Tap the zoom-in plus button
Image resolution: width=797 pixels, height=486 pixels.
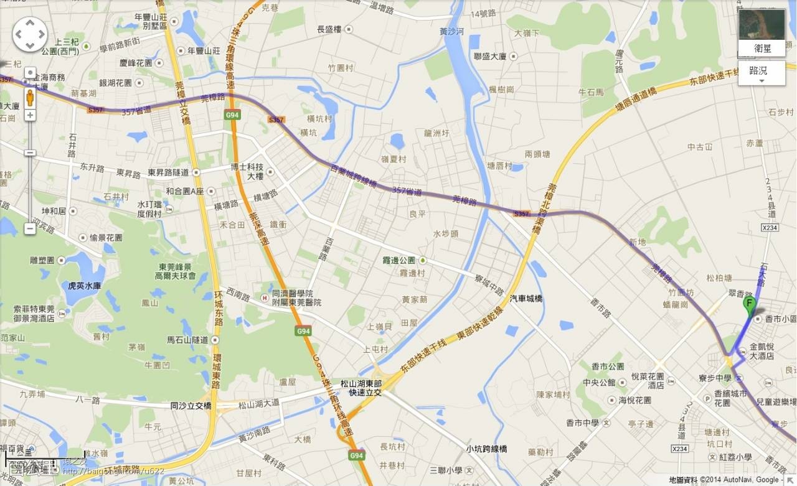tap(30, 115)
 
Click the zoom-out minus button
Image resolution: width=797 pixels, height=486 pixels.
tap(30, 228)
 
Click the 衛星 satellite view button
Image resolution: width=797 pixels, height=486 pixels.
tap(762, 48)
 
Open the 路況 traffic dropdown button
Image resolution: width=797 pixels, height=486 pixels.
tap(762, 73)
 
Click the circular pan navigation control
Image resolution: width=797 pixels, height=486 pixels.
tap(30, 34)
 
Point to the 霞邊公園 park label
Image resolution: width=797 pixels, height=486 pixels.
tap(399, 260)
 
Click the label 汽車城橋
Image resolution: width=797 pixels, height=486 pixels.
tap(526, 299)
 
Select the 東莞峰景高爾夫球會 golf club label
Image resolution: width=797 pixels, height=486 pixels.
tap(176, 271)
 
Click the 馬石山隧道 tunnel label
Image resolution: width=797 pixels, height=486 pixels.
tap(187, 340)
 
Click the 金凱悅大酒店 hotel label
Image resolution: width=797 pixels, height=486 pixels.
tap(761, 351)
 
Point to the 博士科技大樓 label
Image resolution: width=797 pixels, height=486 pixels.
tap(247, 171)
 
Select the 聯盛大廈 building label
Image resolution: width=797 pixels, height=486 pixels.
tap(490, 56)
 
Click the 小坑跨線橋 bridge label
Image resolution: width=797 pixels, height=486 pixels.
tap(486, 449)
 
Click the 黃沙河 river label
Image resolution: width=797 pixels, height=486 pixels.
tap(451, 31)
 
